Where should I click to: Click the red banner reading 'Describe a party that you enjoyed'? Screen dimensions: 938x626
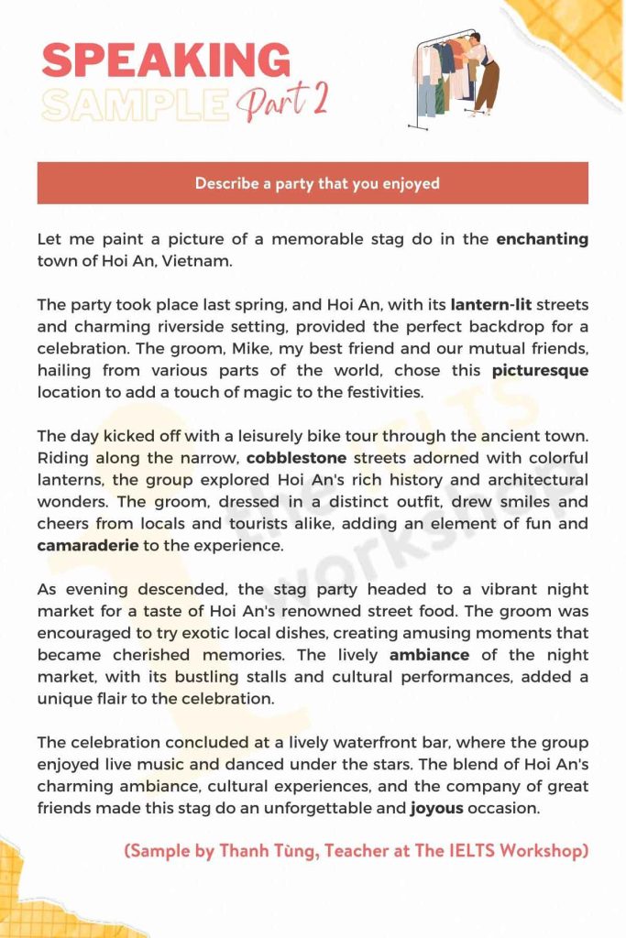313,183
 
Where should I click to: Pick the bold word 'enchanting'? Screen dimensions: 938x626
542,239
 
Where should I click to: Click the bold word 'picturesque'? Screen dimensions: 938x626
540,370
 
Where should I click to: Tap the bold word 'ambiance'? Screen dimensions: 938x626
429,655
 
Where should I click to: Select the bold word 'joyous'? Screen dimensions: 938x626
437,808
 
